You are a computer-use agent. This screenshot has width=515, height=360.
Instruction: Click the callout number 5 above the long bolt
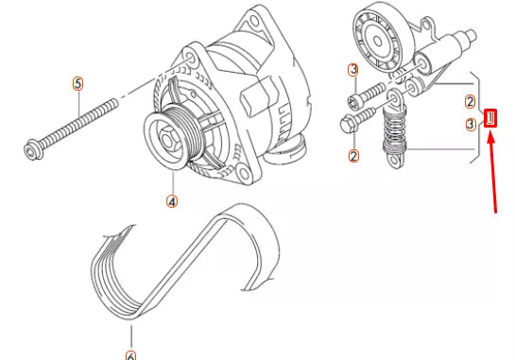click(x=77, y=84)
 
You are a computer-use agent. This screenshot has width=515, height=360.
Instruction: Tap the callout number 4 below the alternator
click(x=172, y=201)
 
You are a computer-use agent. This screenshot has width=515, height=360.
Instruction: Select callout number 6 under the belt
click(x=130, y=355)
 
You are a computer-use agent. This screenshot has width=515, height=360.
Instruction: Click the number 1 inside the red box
click(x=490, y=118)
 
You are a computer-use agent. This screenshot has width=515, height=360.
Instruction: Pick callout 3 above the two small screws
click(x=353, y=70)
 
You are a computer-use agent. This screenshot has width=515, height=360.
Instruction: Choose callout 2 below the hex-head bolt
click(x=353, y=156)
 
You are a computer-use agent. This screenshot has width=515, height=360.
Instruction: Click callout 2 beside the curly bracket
click(x=471, y=101)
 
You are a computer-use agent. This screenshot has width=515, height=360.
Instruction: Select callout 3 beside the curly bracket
click(x=471, y=125)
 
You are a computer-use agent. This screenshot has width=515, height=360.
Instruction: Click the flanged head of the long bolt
click(x=33, y=150)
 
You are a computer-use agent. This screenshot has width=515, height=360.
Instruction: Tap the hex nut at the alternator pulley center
click(x=167, y=141)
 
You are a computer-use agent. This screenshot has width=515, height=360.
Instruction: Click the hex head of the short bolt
click(x=347, y=125)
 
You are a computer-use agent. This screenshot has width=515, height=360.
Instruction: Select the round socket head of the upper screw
click(x=354, y=100)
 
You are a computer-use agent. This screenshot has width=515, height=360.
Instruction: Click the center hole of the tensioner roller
click(x=378, y=41)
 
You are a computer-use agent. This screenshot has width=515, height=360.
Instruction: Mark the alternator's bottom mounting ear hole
click(x=244, y=174)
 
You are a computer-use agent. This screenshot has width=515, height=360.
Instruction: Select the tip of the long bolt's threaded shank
click(x=115, y=101)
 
